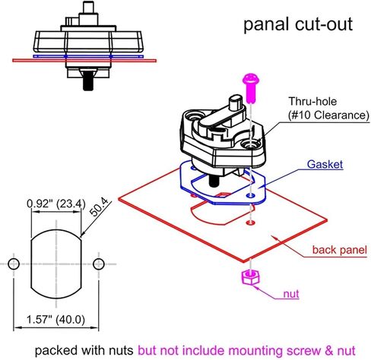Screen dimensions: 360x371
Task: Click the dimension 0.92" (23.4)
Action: point(55,204)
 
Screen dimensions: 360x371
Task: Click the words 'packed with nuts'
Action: point(83,350)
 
